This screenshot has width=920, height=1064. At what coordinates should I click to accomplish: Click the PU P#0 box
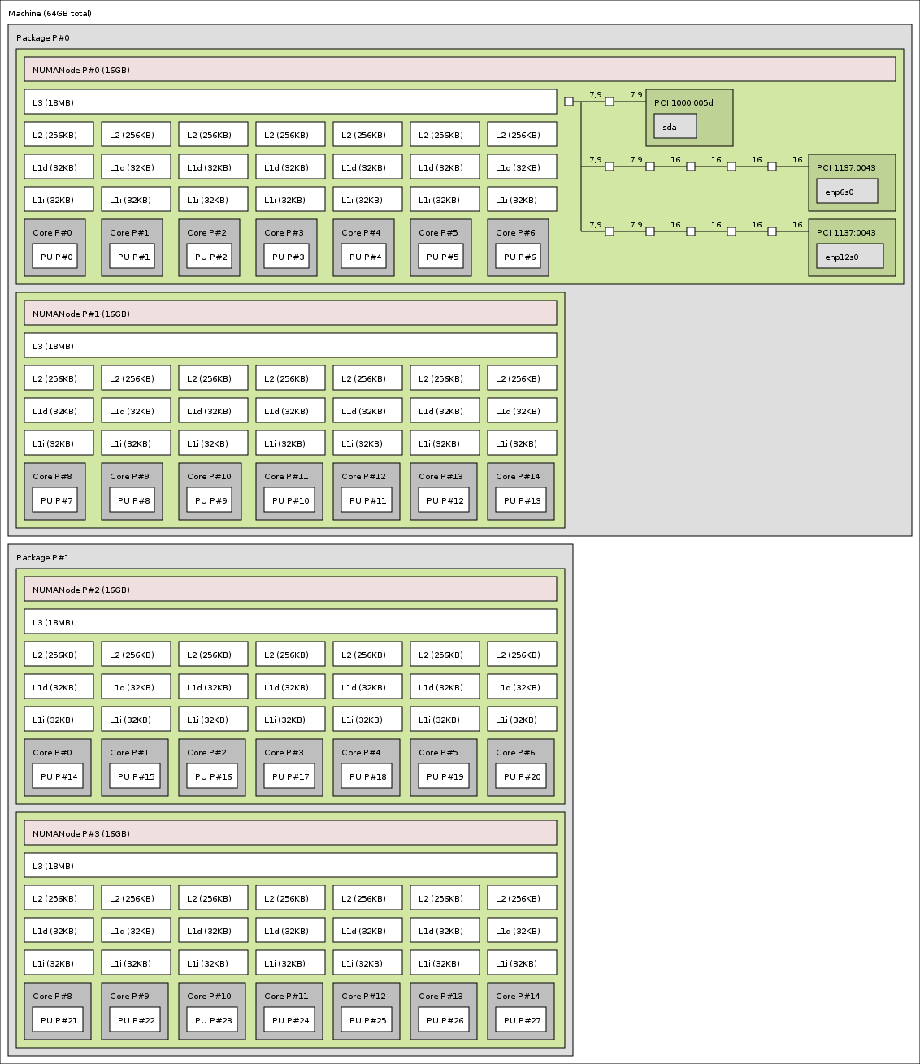pos(55,257)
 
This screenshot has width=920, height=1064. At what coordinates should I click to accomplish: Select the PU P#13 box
pos(521,500)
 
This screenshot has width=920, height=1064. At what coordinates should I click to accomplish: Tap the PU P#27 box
pos(521,1020)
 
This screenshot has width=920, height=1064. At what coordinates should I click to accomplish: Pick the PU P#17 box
pos(289,776)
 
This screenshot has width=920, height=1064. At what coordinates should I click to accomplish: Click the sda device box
pos(675,127)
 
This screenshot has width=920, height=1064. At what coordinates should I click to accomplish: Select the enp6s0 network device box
pos(847,192)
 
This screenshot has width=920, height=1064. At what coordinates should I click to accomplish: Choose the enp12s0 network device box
pos(849,257)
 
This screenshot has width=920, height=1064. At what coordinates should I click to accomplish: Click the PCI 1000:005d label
pos(683,103)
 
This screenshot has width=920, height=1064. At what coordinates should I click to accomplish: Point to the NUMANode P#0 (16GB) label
pos(81,70)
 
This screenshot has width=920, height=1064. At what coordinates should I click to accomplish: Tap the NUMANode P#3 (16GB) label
pos(81,833)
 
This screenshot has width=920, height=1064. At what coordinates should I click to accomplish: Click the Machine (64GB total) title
pos(50,14)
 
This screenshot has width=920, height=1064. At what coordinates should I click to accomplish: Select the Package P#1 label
pos(43,558)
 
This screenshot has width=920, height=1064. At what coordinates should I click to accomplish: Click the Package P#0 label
pos(43,38)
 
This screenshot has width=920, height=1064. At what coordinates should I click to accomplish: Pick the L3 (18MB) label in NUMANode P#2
pos(54,622)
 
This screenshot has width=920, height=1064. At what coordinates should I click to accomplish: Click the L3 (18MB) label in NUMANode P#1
pos(54,346)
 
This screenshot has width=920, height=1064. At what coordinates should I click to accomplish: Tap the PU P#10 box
pos(289,500)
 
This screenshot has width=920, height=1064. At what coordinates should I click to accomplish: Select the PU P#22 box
pos(135,1020)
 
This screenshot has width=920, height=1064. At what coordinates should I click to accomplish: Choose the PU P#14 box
pos(58,776)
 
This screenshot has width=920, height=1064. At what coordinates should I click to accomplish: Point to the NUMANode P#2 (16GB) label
pos(81,590)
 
